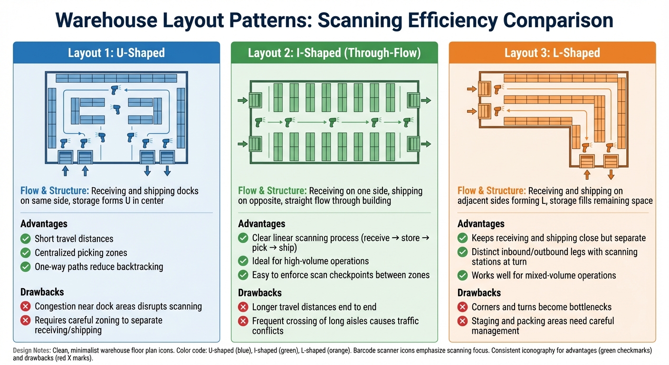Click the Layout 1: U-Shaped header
point(116,53)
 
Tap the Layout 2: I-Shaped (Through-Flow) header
point(334,53)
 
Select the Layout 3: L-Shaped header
point(552,53)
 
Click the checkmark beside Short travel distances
point(26,239)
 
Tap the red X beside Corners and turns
point(462,307)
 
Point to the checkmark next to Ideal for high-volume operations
point(243,261)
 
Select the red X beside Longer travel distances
point(243,307)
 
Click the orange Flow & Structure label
point(492,191)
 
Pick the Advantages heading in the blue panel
point(44,224)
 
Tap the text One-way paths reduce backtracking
point(99,267)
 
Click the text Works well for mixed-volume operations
point(544,275)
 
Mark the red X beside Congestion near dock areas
point(26,307)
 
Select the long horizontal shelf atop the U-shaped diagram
point(116,78)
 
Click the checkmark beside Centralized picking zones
point(26,253)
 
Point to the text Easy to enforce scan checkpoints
point(341,275)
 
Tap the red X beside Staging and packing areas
point(462,322)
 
